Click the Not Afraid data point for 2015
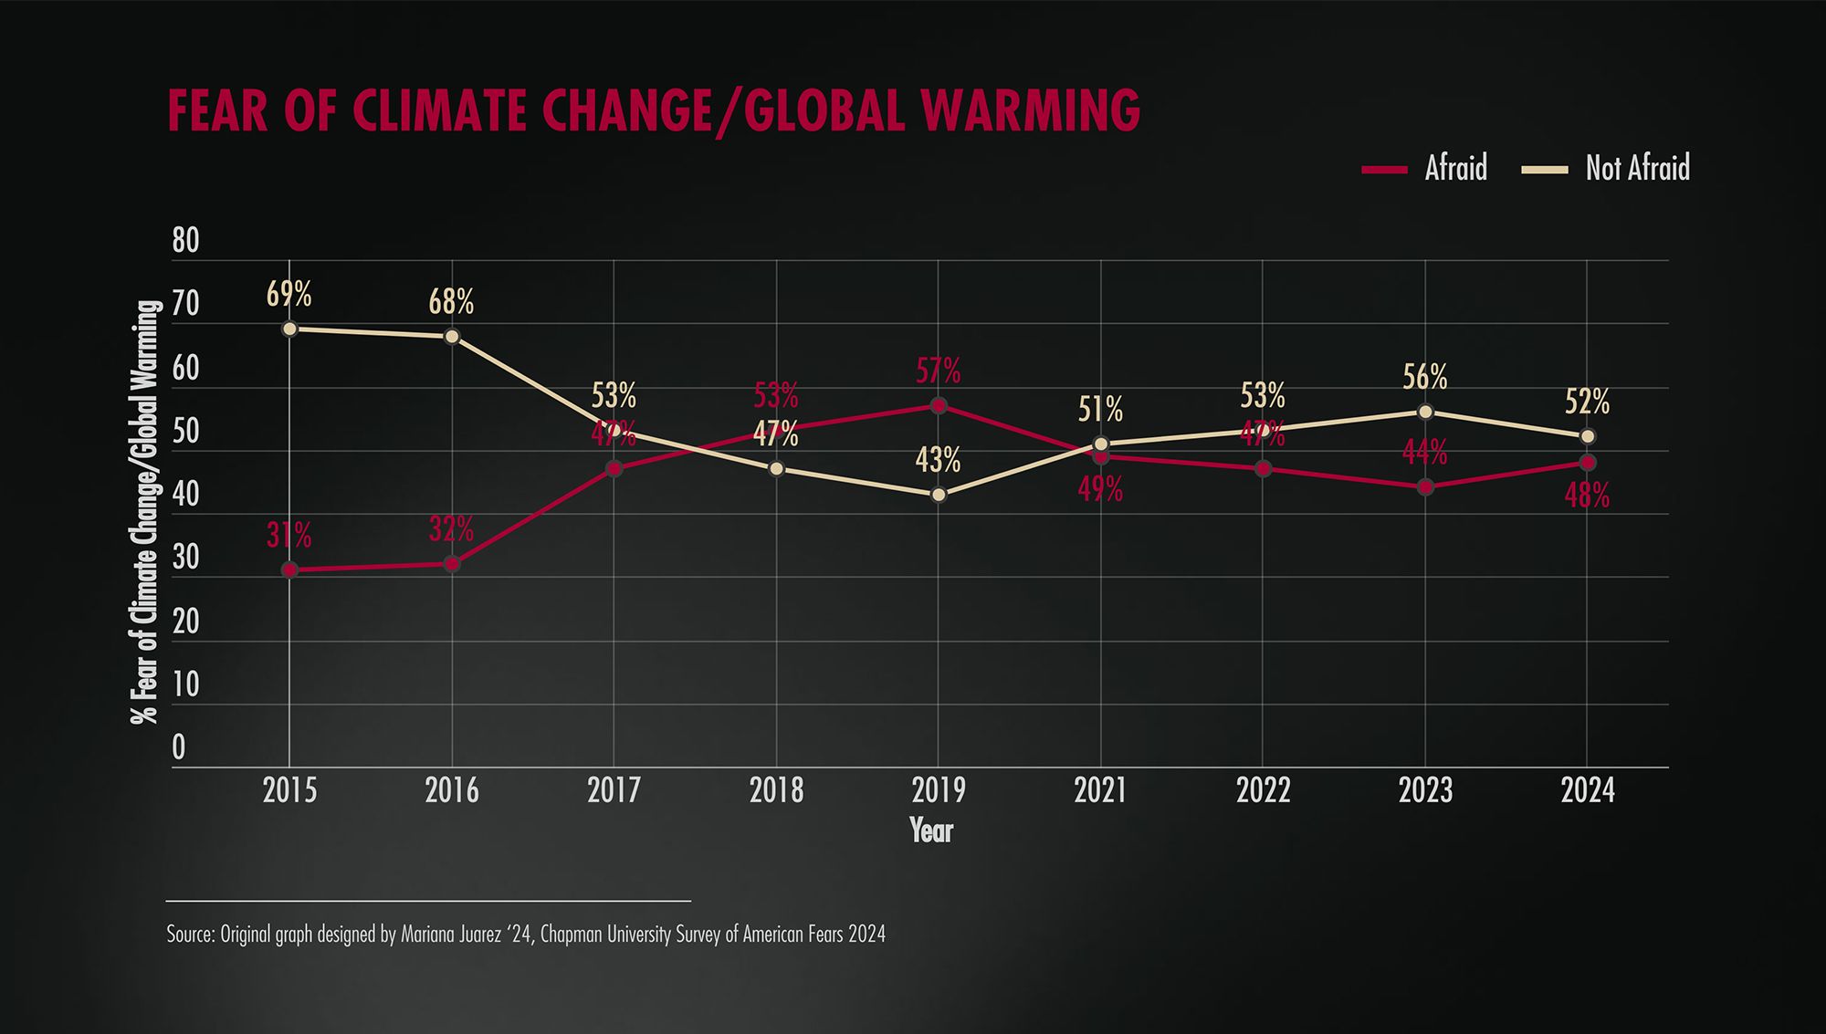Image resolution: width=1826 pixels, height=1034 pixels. (289, 329)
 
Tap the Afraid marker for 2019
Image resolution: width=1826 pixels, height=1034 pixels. (939, 405)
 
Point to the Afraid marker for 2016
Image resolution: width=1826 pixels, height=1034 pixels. (452, 564)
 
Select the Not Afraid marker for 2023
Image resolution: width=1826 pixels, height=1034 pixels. (1425, 412)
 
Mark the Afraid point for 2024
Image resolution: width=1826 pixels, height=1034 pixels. (1588, 463)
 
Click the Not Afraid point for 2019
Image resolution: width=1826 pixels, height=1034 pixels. (939, 495)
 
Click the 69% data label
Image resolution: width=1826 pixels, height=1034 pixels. (289, 295)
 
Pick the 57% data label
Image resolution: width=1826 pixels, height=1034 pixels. (939, 371)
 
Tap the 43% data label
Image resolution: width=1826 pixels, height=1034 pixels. (939, 461)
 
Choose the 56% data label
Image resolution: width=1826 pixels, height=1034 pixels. (1425, 377)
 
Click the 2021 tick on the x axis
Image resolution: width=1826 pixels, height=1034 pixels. (1100, 790)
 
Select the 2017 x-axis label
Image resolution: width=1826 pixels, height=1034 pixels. (614, 790)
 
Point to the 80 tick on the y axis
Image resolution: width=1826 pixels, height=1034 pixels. (185, 241)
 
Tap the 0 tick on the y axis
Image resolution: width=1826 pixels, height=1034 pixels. (179, 747)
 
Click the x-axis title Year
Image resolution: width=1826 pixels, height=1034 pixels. (930, 830)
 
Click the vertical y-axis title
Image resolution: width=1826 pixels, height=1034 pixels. (146, 511)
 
